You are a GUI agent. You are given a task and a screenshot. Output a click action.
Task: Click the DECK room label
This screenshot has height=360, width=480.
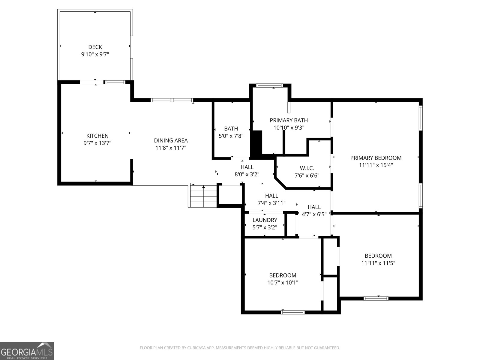point(95,47)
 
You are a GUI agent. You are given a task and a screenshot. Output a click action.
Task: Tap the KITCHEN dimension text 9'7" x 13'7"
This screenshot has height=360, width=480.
point(97,143)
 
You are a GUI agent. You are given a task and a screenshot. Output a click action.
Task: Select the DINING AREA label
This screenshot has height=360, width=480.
point(171,140)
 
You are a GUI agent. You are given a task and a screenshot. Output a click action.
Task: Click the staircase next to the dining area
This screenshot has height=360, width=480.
point(203,196)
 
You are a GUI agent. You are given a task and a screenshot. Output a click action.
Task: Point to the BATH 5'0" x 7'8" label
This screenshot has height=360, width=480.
point(231,132)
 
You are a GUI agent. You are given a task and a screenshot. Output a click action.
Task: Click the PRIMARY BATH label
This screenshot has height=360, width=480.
point(289,120)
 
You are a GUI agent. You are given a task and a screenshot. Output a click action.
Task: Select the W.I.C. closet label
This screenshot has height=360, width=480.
point(307,168)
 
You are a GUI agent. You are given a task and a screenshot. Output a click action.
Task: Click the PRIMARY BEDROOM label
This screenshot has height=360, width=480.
point(376,158)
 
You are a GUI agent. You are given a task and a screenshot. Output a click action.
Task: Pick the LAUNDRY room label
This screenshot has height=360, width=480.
point(265,220)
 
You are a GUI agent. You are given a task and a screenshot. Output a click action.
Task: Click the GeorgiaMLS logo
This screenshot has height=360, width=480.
point(27,351)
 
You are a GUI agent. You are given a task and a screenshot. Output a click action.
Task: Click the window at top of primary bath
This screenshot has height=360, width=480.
point(269,85)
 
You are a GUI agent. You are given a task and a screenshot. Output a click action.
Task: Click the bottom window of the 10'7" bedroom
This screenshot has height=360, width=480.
point(292,312)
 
